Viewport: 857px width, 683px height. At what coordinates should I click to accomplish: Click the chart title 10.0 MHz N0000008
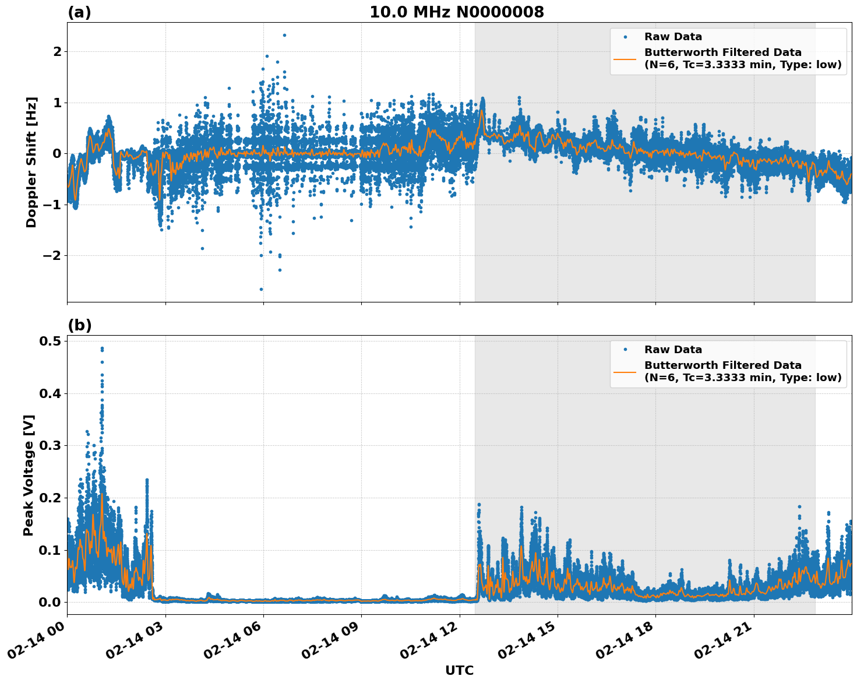456,12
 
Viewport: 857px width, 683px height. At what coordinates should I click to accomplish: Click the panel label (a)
79,12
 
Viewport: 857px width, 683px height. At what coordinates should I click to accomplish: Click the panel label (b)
79,325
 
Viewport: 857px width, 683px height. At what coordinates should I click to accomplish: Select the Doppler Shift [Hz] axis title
31,162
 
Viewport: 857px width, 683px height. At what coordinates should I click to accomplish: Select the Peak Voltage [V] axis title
29,475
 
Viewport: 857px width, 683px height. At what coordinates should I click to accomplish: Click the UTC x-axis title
459,670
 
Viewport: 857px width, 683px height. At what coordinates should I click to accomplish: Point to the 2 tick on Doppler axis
57,52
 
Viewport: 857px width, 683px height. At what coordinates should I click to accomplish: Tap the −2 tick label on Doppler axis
50,255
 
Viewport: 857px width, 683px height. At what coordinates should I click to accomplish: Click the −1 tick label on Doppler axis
50,205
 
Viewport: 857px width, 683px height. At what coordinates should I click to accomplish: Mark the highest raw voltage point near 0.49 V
102,348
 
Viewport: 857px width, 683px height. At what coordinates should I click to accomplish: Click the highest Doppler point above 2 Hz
284,35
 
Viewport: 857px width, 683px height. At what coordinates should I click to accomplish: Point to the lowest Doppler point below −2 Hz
261,289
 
